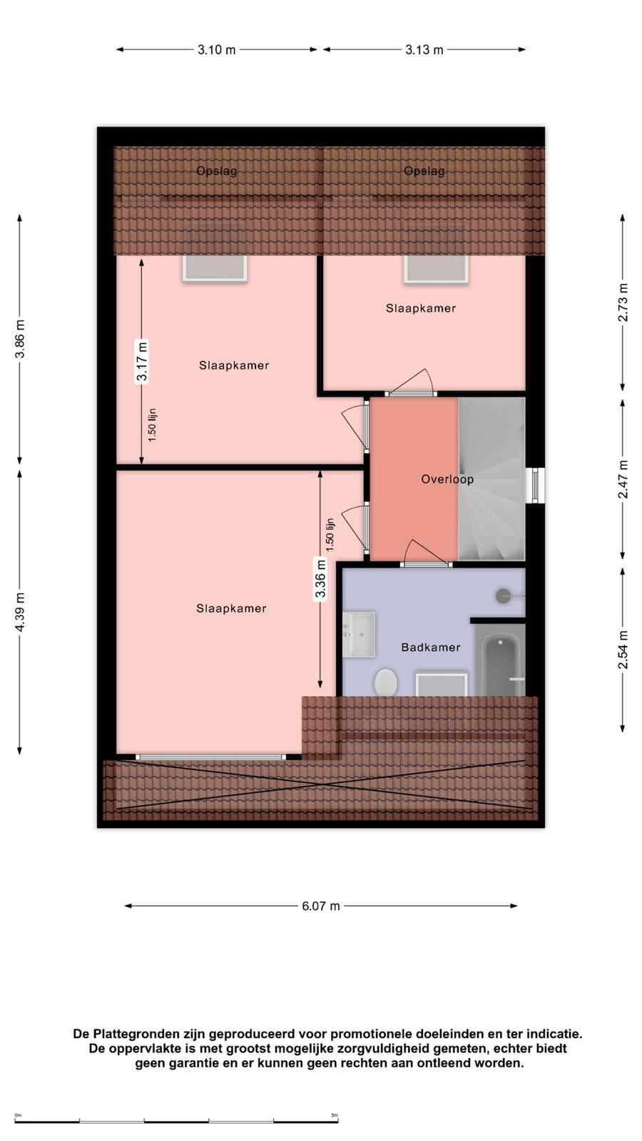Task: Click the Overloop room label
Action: [447, 479]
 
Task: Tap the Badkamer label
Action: [431, 648]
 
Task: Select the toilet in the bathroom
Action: [386, 682]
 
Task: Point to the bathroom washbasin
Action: [359, 634]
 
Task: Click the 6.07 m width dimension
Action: [320, 906]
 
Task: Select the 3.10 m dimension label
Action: [217, 50]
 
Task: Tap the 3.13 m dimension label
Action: [424, 50]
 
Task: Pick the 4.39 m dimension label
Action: [20, 612]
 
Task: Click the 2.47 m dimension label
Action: [623, 479]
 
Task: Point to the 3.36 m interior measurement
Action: [320, 578]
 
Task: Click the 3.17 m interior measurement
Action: [142, 361]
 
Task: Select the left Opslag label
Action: [217, 171]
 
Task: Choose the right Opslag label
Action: [424, 171]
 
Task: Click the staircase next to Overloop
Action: [491, 479]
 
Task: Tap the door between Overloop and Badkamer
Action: [426, 563]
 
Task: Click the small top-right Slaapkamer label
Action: [420, 308]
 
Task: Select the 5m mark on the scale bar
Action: [335, 1115]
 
